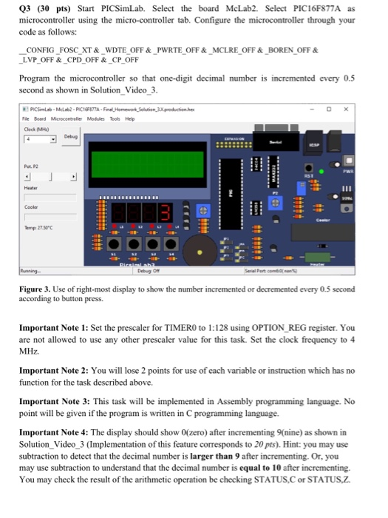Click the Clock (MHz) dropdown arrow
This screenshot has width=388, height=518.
(x=54, y=139)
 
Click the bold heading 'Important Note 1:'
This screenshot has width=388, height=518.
(x=48, y=348)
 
